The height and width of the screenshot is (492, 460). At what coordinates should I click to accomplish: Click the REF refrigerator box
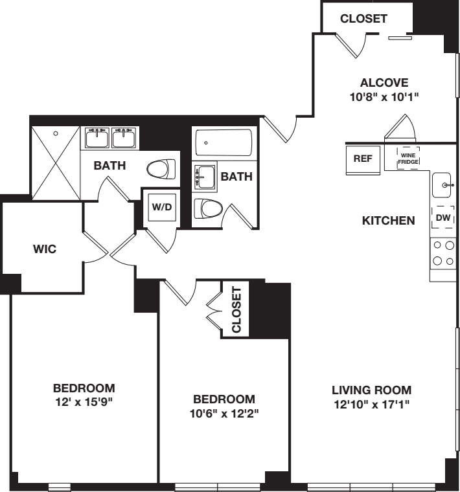tap(362, 159)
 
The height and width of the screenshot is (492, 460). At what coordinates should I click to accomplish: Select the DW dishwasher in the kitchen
tap(444, 219)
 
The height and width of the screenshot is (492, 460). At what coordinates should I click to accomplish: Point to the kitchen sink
tap(444, 185)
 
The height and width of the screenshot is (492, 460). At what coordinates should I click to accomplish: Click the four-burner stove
tap(444, 253)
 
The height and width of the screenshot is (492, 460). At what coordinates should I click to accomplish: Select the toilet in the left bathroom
tap(161, 171)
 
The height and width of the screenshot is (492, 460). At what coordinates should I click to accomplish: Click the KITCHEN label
tap(388, 221)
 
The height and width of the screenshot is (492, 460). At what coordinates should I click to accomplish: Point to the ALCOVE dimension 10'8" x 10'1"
tap(384, 98)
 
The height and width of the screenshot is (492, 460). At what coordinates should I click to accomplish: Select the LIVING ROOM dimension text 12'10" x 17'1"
tap(372, 404)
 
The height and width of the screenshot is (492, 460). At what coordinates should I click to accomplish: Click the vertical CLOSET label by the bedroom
tap(236, 309)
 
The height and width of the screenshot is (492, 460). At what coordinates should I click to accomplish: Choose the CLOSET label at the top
tap(363, 19)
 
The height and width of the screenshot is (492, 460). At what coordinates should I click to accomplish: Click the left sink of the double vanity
tap(97, 138)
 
